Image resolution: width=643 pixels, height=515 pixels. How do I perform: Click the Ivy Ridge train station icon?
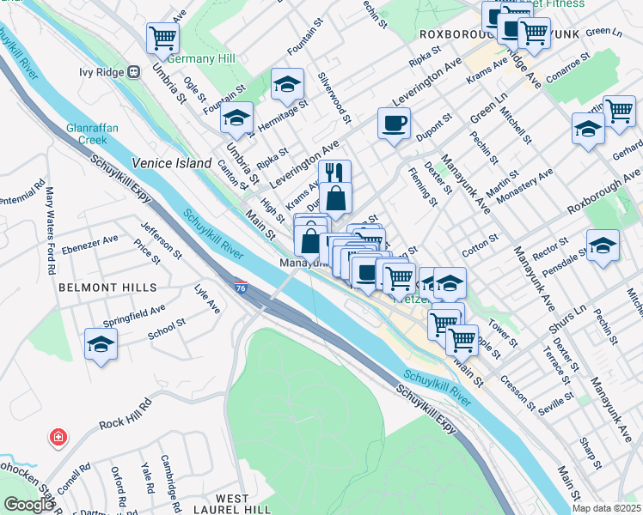tap(134, 72)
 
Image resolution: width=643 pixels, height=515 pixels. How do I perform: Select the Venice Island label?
tap(171, 163)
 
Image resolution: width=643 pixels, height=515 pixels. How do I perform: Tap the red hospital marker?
tap(58, 438)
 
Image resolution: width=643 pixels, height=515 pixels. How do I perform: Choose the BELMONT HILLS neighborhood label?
tap(107, 288)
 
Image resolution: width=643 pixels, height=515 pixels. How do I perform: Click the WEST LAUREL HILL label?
tap(233, 504)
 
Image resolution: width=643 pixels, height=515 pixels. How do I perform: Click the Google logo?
tap(28, 505)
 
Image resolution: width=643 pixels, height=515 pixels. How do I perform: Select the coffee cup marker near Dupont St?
tap(394, 123)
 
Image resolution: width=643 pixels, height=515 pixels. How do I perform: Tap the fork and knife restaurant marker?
tap(334, 173)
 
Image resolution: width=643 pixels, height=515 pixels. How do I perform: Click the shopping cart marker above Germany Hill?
tap(162, 37)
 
